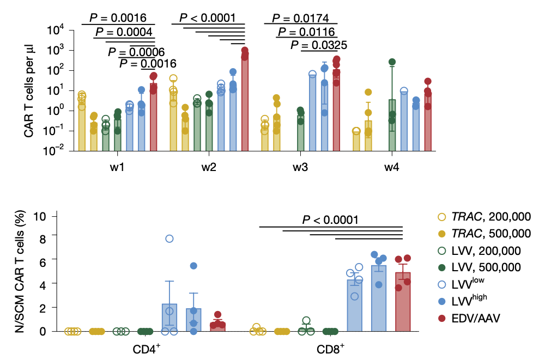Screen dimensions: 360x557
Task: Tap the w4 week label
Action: (x=391, y=168)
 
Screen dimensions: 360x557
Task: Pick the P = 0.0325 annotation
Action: (x=319, y=45)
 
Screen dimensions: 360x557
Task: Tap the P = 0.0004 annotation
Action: (x=124, y=32)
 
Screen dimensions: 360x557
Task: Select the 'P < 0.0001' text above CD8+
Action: (x=331, y=220)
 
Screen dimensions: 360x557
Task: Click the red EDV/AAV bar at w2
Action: (x=245, y=101)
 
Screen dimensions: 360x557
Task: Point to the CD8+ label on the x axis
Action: (x=331, y=347)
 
